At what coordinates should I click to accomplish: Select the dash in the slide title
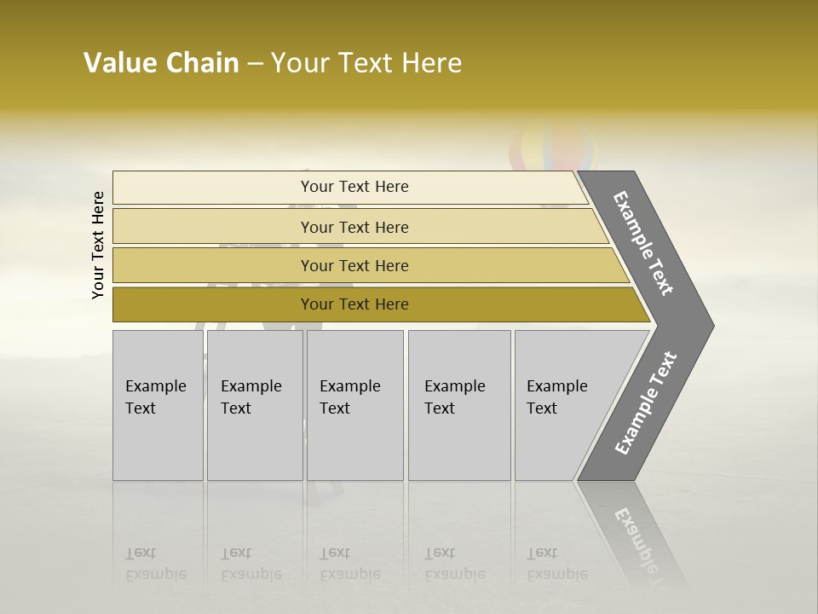point(255,64)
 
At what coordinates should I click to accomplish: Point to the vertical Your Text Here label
point(98,245)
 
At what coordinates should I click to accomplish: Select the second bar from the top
point(354,227)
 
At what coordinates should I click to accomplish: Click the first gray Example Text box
point(158,405)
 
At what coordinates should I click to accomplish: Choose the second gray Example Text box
point(255,405)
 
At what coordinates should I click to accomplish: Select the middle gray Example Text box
point(354,405)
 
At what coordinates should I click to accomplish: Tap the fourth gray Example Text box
point(459,405)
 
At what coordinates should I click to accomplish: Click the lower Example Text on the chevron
point(645,403)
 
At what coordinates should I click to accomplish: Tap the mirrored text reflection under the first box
point(156,564)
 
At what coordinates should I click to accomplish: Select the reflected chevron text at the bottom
point(635,537)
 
